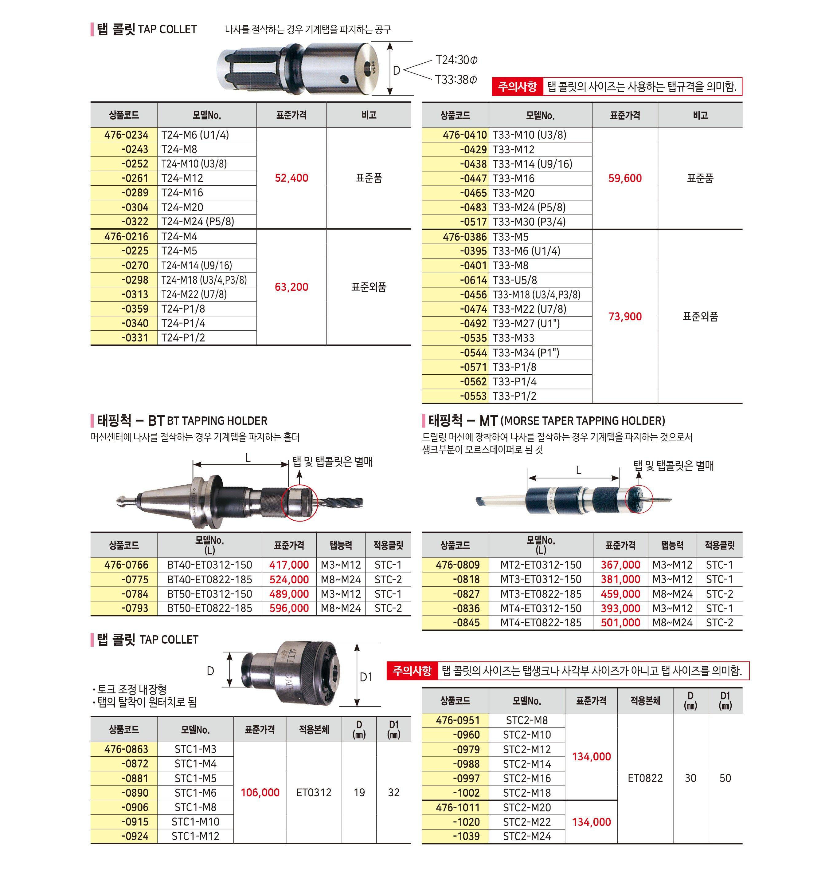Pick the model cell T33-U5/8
514,280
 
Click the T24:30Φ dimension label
456,60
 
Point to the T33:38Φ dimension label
456,80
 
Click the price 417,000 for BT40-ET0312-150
289,565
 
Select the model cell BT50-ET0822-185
209,608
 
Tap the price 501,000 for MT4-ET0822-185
620,623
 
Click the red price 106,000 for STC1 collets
260,792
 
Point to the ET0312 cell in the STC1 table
314,792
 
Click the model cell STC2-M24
527,836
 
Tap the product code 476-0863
126,749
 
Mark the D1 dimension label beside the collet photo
366,677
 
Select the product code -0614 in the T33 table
473,280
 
